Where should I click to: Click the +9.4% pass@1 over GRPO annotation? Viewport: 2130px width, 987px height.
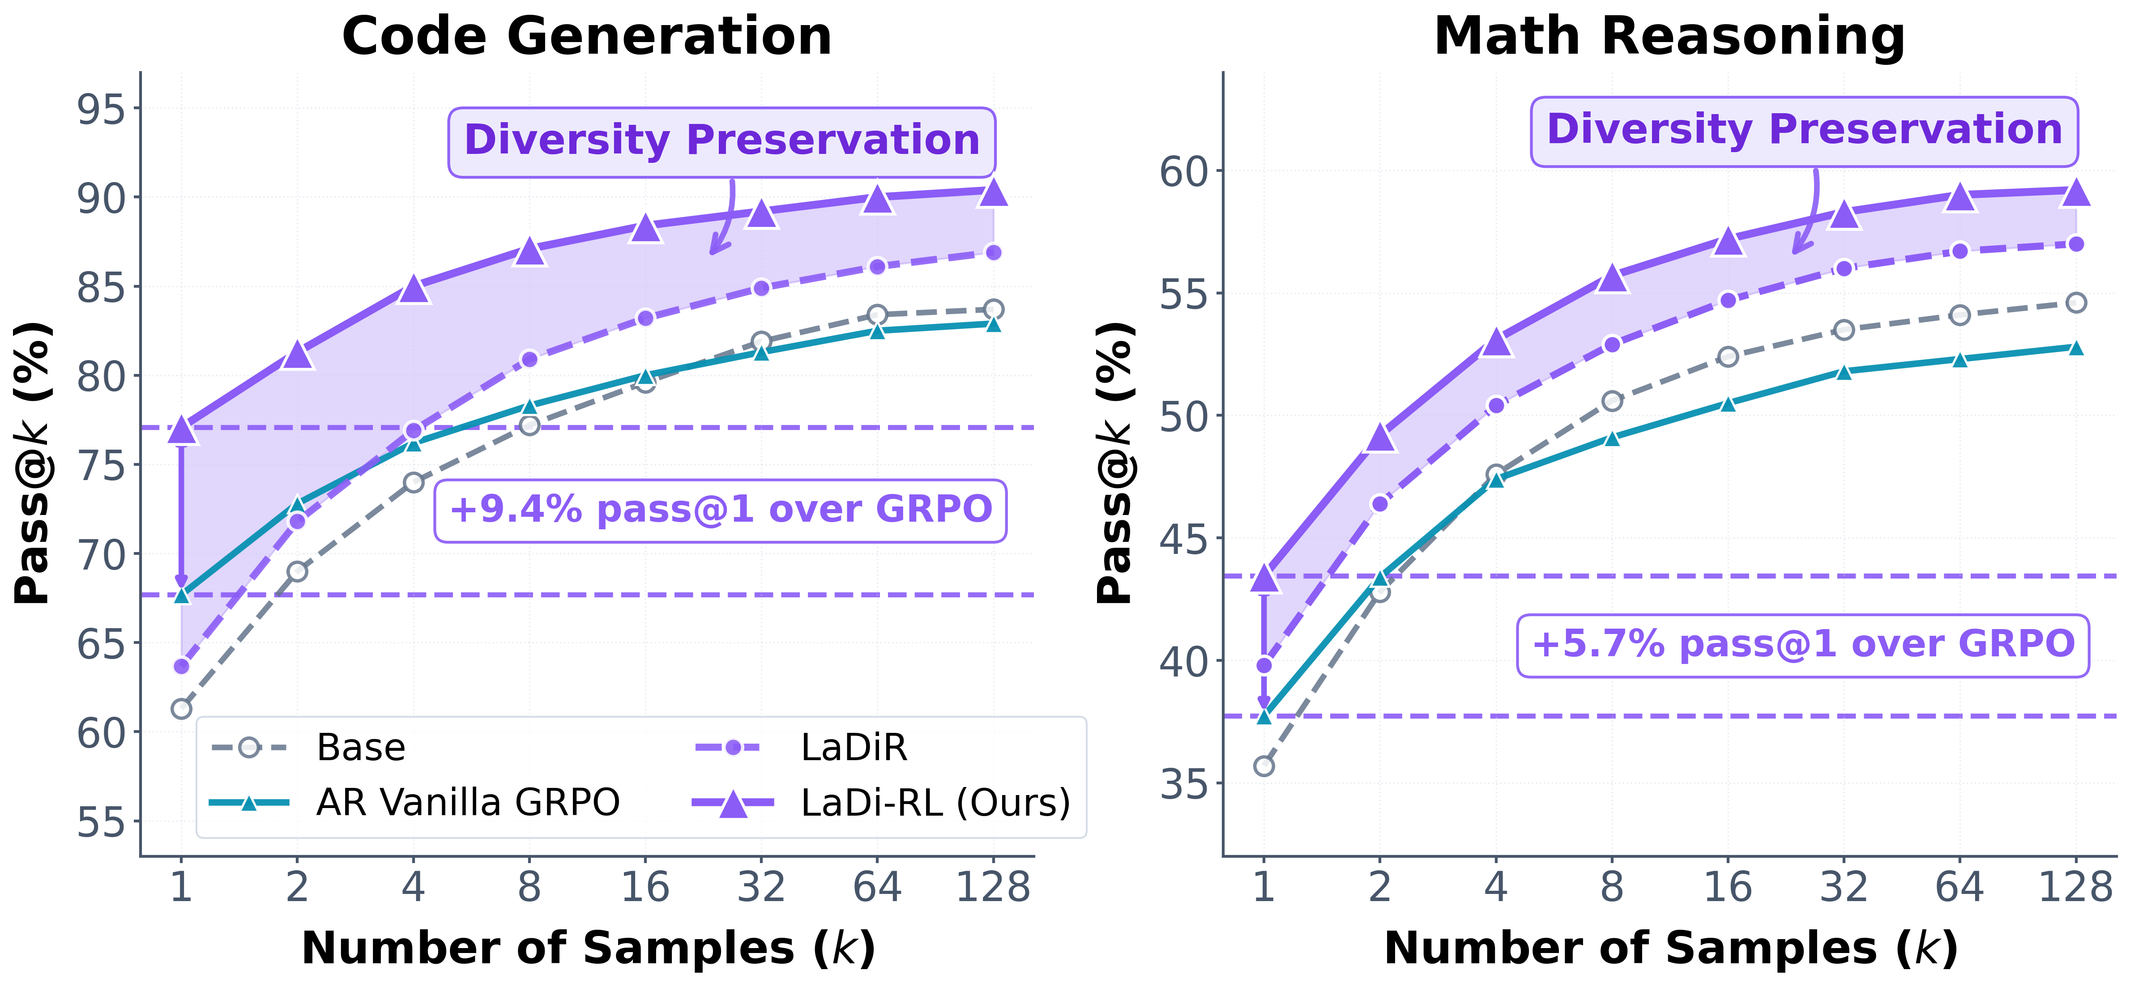pos(720,510)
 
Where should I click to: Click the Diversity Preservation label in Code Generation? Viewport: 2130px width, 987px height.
pos(722,140)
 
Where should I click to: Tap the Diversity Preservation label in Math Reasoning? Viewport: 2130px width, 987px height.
pos(1804,131)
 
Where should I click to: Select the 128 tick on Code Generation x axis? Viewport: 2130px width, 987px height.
pos(993,888)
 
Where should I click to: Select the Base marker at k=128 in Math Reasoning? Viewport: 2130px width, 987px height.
pos(2075,302)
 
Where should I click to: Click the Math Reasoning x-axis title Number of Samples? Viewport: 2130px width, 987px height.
pos(1670,948)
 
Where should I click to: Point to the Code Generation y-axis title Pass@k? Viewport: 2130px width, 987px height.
pos(35,463)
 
